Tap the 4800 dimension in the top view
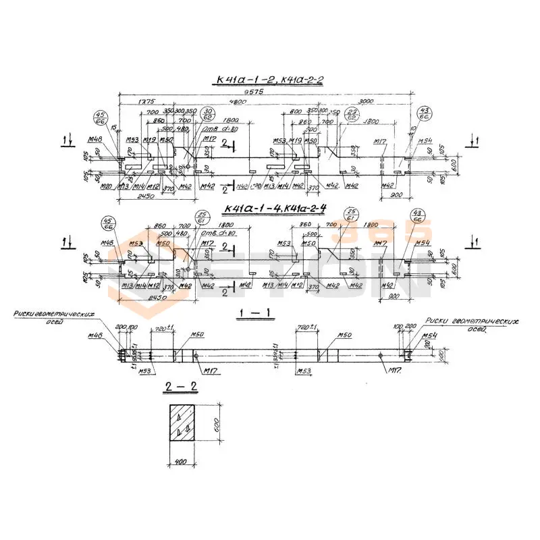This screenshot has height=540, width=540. (217, 101)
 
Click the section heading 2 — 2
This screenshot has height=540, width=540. (181, 387)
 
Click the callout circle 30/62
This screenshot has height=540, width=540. (207, 114)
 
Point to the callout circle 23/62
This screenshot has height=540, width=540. (352, 114)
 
